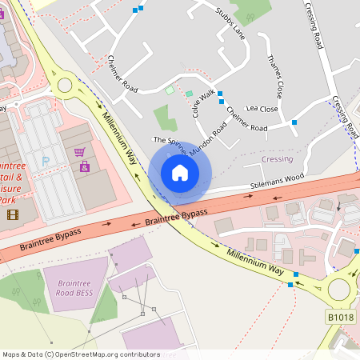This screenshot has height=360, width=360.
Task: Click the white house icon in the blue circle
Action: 180,173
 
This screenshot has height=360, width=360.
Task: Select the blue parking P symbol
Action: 46,162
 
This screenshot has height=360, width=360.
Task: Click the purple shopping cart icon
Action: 79,152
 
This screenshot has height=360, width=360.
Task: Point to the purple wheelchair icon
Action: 84,167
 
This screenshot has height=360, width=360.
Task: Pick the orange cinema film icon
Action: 12,214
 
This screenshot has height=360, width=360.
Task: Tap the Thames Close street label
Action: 275,77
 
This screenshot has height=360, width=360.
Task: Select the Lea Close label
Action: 262,109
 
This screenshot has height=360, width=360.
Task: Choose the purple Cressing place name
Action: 277,159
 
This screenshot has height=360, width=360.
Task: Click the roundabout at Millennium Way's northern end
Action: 66,85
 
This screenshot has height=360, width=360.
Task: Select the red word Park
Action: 7,199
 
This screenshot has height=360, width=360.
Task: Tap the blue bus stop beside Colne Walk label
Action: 220,94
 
